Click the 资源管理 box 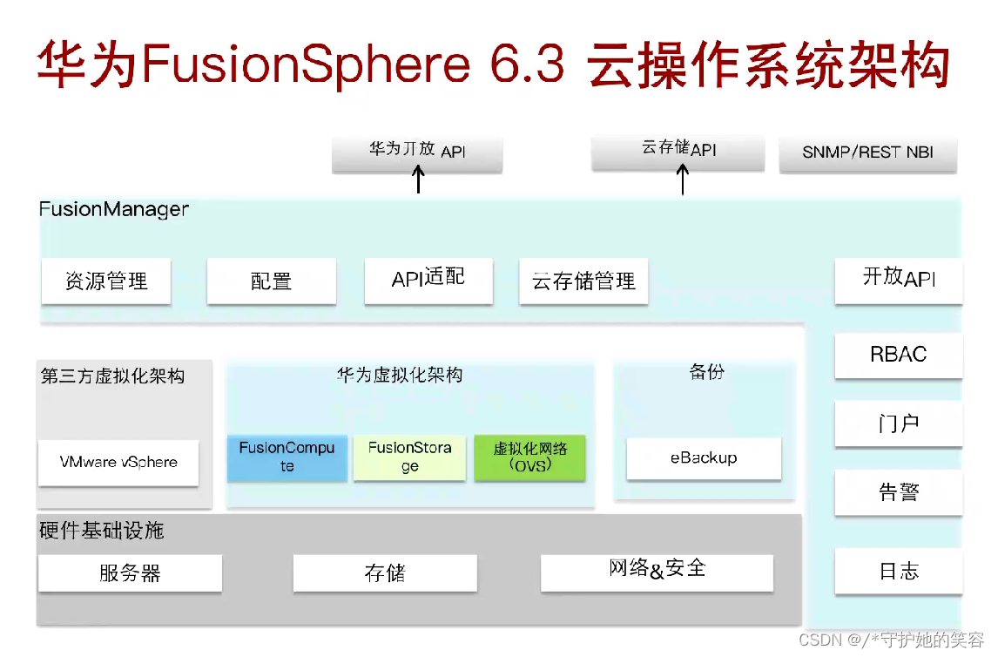click(106, 281)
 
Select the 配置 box click(271, 281)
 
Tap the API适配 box click(428, 281)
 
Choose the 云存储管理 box click(583, 281)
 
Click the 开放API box click(899, 280)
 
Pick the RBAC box click(899, 355)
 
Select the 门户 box click(899, 423)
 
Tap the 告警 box click(899, 492)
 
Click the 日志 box click(899, 571)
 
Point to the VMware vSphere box click(118, 463)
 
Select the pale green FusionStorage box click(409, 457)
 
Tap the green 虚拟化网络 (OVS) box click(529, 457)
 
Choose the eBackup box click(704, 458)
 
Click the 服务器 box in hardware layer click(130, 573)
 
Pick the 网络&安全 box click(657, 572)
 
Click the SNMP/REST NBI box click(867, 152)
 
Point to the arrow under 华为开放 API click(418, 179)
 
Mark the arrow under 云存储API click(683, 179)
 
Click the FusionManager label click(114, 210)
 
